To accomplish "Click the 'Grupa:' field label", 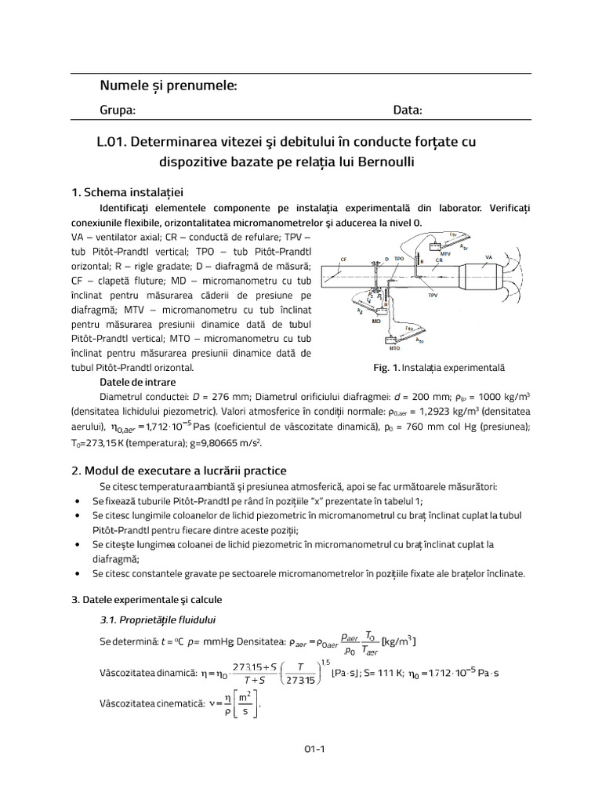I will coord(118,111).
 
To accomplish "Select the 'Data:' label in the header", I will coord(408,111).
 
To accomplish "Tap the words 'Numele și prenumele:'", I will coord(169,85).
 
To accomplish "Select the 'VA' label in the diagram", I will coord(489,256).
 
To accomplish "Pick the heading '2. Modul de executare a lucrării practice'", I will coord(179,471).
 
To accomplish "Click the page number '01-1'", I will coord(315,748).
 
